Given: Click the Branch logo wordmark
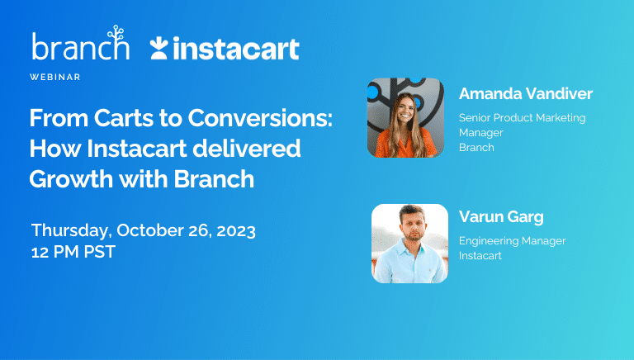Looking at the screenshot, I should [79, 49].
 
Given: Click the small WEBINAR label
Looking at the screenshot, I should [55, 77].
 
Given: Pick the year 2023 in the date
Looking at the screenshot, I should [235, 230].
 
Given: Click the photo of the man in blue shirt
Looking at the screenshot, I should [409, 243].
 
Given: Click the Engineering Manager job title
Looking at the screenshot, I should [512, 240].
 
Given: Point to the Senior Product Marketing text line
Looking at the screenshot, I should [522, 117].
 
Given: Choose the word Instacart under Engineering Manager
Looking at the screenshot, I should [480, 255].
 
